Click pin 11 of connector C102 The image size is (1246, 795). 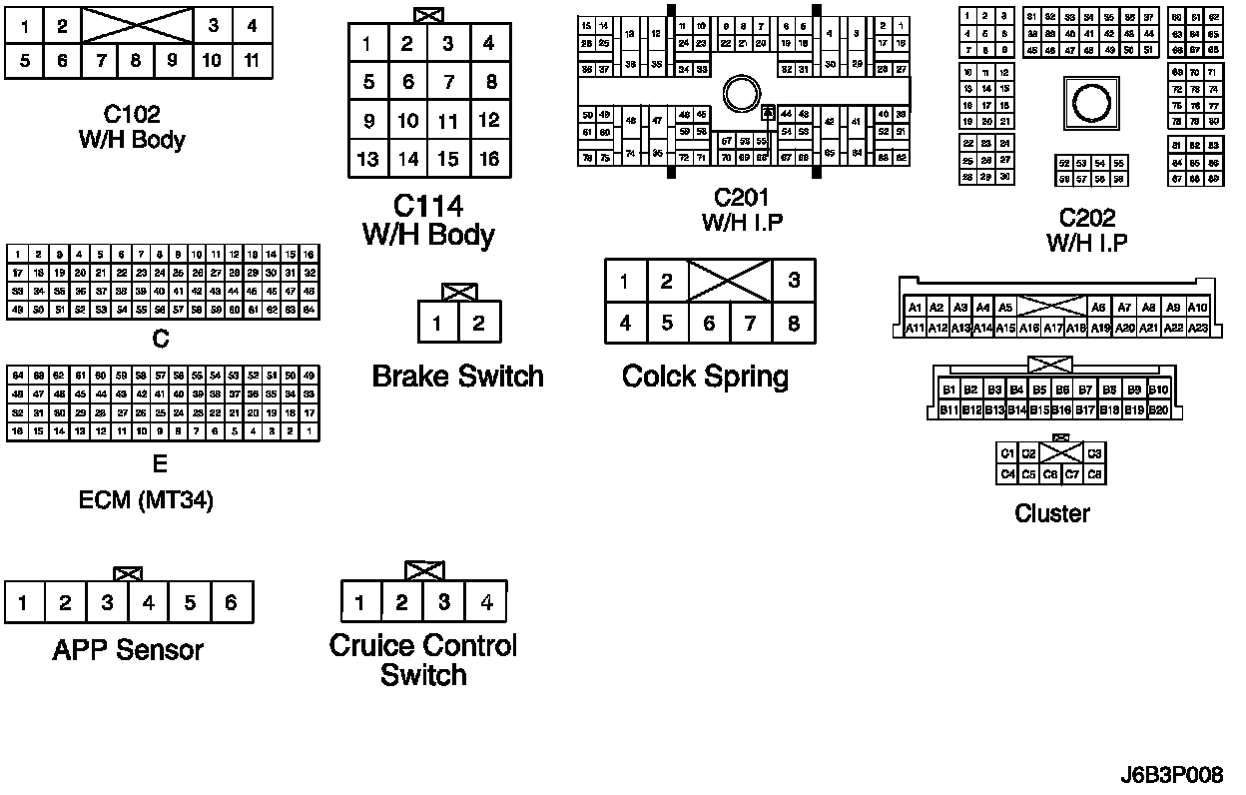(252, 60)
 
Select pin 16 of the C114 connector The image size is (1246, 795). (488, 158)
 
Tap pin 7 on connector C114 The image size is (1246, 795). (448, 82)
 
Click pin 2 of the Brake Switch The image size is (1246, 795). (479, 323)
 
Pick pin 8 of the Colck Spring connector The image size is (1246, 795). (794, 323)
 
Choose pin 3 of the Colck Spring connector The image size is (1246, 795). (794, 281)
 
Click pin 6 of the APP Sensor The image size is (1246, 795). (231, 602)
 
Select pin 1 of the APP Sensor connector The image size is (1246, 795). (23, 602)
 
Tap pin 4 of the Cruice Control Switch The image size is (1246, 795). (486, 602)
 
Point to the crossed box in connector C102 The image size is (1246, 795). (136, 25)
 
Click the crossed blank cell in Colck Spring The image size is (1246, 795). (730, 281)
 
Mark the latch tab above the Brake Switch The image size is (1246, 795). (458, 292)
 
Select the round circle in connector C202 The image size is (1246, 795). (1087, 100)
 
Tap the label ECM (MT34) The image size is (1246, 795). (146, 499)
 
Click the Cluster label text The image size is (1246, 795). (1051, 513)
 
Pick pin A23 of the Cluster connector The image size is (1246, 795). (1198, 328)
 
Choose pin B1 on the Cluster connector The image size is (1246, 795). (948, 390)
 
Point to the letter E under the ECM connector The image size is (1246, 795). (160, 464)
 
